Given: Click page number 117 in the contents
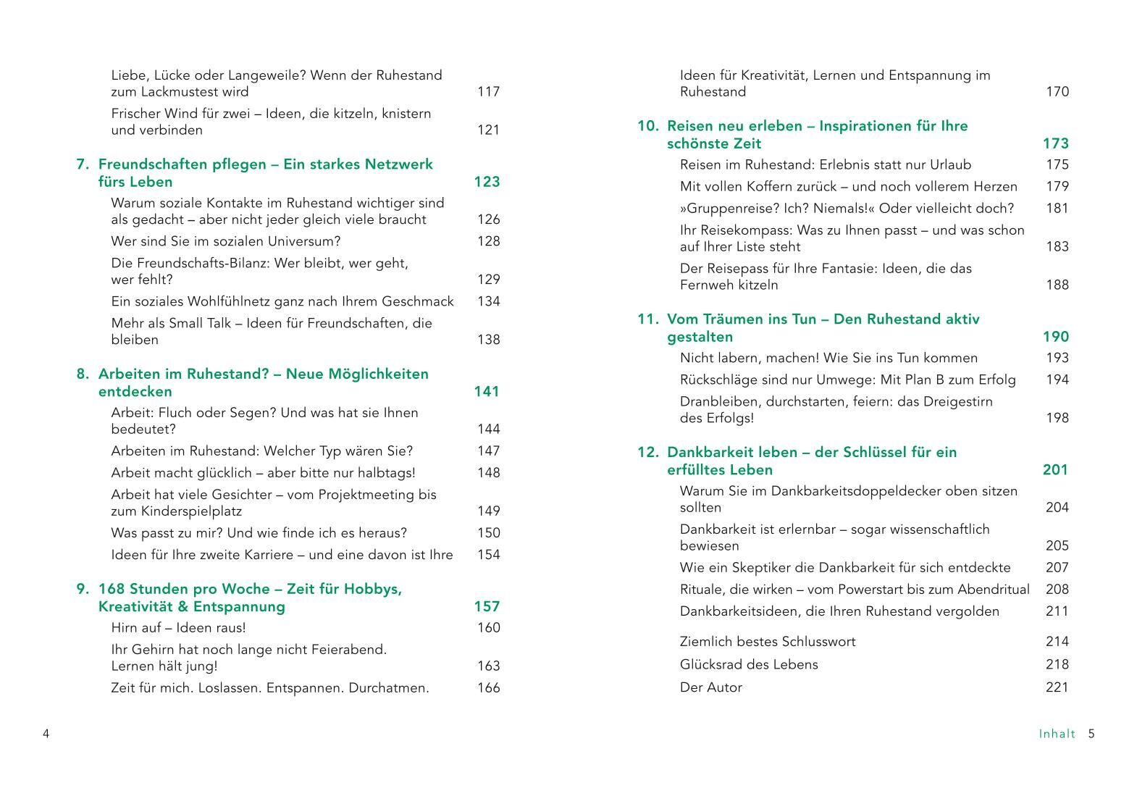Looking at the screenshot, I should (x=488, y=92).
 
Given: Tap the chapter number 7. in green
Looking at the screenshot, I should (x=83, y=164).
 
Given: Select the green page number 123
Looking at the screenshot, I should (x=487, y=182).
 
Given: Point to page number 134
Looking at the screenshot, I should (x=488, y=301).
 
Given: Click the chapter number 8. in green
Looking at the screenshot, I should (x=83, y=374).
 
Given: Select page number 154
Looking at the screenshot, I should (x=488, y=555).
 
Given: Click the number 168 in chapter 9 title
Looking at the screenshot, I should (x=112, y=590).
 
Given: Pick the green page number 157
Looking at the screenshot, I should (x=487, y=607).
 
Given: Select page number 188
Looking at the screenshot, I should (x=1057, y=285).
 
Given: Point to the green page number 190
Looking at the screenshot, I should (x=1055, y=337).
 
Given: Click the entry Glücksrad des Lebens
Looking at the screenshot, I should (x=748, y=665).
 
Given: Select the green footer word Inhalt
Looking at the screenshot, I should (x=1057, y=734).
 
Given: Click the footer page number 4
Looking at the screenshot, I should (x=46, y=734).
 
